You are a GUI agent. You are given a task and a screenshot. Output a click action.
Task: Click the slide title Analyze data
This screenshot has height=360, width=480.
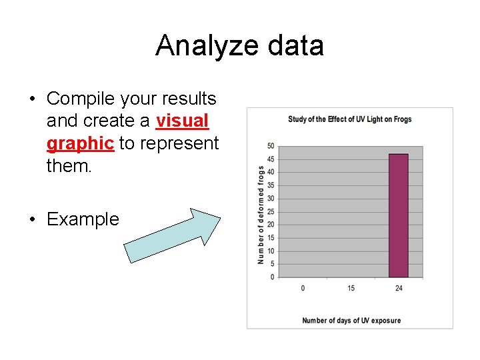pos(239,46)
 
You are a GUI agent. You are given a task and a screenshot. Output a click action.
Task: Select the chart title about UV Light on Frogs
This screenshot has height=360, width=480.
pos(349,119)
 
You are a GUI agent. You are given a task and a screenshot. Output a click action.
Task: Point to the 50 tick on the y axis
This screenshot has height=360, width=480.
pos(271,146)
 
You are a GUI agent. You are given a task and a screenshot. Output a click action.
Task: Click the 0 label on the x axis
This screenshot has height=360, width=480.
pos(303,288)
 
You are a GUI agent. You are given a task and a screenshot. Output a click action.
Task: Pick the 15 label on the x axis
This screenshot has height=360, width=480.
pos(351,288)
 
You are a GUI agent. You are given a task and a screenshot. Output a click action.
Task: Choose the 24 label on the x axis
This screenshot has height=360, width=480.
pos(399,288)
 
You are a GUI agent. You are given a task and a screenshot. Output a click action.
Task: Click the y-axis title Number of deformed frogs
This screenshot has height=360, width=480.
pos(261,215)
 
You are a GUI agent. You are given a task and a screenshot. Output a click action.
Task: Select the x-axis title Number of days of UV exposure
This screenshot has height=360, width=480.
pos(351,321)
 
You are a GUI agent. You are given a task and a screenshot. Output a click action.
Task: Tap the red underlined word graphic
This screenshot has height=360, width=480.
pos(80,143)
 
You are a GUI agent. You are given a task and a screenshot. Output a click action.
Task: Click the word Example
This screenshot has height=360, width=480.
pos(83,219)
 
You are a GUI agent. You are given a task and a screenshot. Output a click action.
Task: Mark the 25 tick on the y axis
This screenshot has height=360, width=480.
pos(271,211)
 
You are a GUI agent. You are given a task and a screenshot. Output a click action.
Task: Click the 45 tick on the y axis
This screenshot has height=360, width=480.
pos(271,159)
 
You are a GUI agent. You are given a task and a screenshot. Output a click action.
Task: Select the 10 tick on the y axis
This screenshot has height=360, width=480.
pos(271,251)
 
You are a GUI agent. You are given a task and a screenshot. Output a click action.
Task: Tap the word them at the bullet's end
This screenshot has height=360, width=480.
pos(69,165)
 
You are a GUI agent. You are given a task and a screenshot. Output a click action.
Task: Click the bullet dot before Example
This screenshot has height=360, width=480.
pos(32,219)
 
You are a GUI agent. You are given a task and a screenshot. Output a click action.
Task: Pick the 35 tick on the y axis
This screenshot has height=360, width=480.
pos(271,185)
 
